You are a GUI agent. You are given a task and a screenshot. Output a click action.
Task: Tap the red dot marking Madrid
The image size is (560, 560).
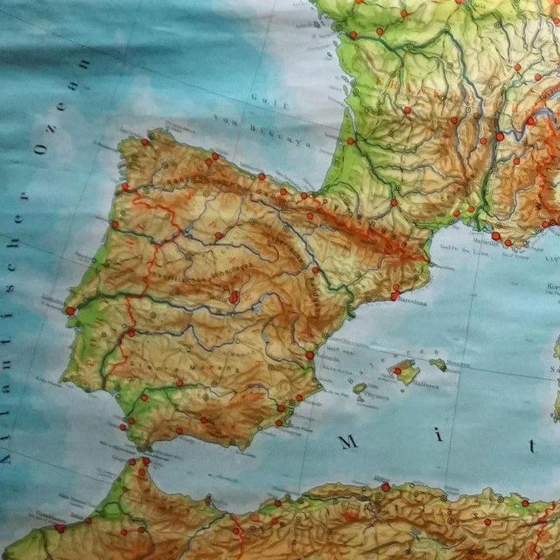click(234, 297)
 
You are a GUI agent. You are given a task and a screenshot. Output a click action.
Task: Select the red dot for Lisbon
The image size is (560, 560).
click(70, 310)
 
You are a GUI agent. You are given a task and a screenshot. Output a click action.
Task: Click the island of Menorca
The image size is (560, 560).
click(437, 364)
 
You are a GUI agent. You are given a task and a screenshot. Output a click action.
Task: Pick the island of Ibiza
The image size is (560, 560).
click(360, 388)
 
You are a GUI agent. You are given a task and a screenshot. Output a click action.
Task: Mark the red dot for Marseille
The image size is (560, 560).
click(495, 235)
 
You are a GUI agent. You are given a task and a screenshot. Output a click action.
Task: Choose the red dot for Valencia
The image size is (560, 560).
click(310, 354)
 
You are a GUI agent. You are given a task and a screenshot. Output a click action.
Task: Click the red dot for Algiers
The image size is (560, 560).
click(385, 486)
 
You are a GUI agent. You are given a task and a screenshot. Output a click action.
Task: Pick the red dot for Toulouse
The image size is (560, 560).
click(395, 202)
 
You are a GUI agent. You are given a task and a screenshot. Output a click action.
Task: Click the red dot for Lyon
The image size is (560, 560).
click(500, 136)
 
